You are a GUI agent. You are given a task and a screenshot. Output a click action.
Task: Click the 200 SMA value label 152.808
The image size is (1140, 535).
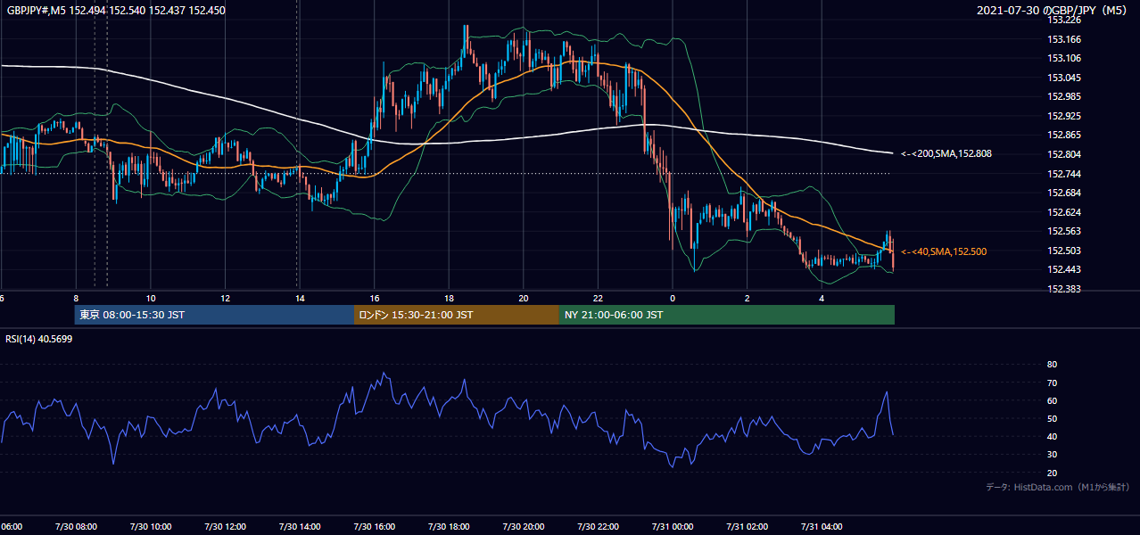click(x=946, y=153)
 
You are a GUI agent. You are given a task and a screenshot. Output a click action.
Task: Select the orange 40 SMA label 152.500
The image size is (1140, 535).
click(x=944, y=251)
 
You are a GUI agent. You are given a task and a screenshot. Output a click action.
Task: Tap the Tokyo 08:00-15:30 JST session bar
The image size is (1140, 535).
click(x=214, y=315)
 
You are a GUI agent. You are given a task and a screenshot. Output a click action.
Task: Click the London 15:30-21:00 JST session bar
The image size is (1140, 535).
click(x=457, y=315)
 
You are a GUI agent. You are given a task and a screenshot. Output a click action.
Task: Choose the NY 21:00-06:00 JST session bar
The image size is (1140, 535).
click(x=727, y=315)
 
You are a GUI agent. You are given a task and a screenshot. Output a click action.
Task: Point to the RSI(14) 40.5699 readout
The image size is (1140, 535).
click(x=38, y=339)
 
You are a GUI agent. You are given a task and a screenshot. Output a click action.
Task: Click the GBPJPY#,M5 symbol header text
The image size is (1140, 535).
click(x=37, y=10)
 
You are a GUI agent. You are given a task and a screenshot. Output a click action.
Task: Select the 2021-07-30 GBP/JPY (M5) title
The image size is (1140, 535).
click(x=1052, y=10)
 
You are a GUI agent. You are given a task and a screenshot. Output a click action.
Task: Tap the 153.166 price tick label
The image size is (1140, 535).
click(x=1063, y=39)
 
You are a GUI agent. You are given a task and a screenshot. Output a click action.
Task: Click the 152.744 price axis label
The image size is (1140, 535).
click(x=1063, y=174)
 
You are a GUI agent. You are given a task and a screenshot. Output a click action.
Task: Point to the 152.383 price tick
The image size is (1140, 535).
click(x=1063, y=289)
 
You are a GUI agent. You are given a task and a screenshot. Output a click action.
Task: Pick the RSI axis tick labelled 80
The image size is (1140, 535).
click(x=1052, y=364)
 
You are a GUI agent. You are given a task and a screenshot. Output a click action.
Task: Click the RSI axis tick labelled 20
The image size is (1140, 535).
click(x=1052, y=473)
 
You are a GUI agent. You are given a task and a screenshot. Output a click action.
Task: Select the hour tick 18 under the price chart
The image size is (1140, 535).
click(x=449, y=299)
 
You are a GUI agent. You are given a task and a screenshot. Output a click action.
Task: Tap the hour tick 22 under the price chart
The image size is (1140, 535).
click(x=598, y=299)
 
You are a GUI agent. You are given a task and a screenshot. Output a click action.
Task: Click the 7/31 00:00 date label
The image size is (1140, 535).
click(x=673, y=527)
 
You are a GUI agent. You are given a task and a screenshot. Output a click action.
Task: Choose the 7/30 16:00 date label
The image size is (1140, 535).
click(x=374, y=527)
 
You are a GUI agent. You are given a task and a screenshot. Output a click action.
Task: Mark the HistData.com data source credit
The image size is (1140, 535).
click(x=1057, y=487)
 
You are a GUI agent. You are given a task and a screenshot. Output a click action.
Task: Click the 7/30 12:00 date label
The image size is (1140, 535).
click(x=225, y=527)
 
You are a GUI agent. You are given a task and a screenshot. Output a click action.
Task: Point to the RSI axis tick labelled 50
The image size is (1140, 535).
click(x=1052, y=418)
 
